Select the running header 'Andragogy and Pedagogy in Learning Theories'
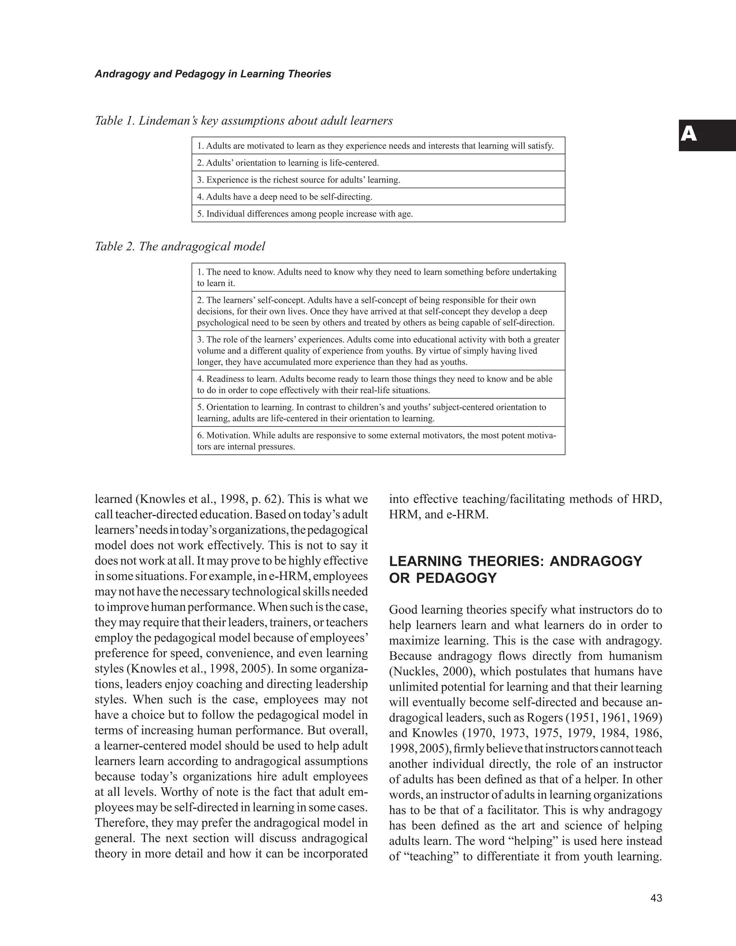(x=213, y=74)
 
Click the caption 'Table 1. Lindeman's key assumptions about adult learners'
(x=243, y=121)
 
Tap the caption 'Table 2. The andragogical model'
(x=180, y=247)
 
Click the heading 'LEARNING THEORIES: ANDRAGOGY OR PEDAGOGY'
(x=515, y=569)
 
